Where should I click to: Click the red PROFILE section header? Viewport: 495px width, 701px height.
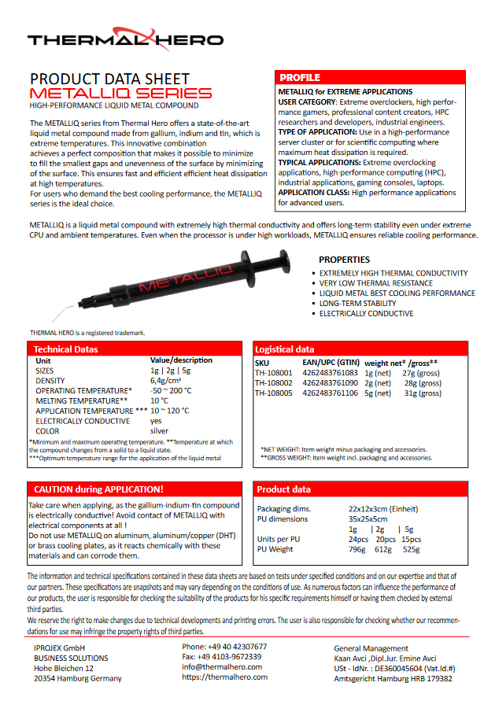click(300, 78)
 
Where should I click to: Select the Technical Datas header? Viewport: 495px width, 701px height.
click(66, 349)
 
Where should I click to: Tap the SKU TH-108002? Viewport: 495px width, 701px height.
click(274, 383)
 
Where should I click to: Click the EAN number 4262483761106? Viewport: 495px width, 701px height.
click(331, 393)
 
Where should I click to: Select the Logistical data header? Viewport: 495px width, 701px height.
click(285, 349)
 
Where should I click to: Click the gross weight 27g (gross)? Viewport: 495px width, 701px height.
click(420, 373)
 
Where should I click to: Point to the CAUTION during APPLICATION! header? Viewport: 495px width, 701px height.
click(99, 489)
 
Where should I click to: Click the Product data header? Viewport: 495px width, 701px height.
click(284, 489)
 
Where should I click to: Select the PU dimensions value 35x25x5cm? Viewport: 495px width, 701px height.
click(368, 519)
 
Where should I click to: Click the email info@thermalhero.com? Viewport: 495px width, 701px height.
click(223, 666)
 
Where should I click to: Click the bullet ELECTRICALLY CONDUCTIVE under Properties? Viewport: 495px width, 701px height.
click(366, 314)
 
